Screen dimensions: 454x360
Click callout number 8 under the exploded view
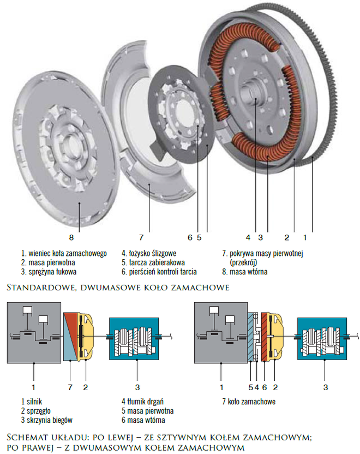coord(72,237)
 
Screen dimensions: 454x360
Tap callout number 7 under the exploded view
coord(141,237)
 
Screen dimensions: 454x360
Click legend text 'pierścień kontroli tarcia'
coord(162,271)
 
